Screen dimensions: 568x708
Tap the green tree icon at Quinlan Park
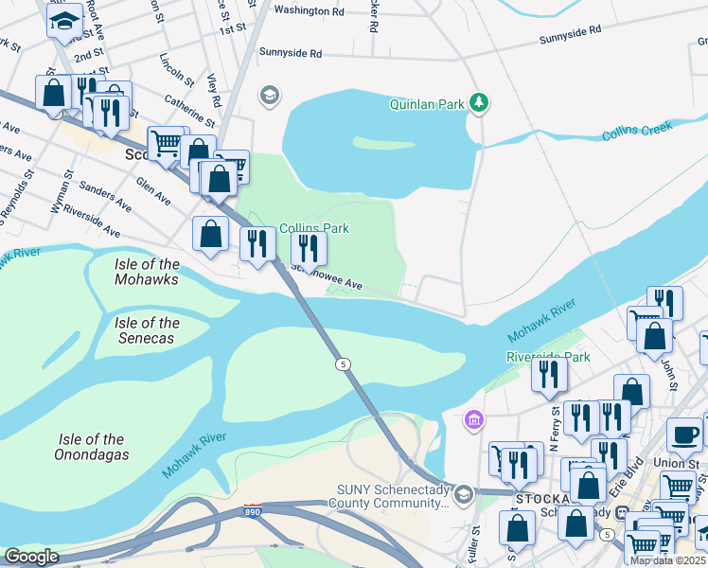(x=480, y=102)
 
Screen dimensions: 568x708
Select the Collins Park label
(x=314, y=228)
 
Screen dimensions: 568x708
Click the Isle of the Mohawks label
(x=147, y=272)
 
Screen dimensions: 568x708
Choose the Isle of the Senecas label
(x=147, y=330)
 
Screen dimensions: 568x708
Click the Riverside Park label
(x=548, y=357)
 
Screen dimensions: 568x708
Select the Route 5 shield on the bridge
(x=342, y=364)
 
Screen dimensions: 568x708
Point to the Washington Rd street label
(x=309, y=11)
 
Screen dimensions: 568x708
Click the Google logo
(x=31, y=557)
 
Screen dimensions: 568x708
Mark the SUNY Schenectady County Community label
(x=394, y=496)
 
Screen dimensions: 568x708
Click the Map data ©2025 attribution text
(x=667, y=560)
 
